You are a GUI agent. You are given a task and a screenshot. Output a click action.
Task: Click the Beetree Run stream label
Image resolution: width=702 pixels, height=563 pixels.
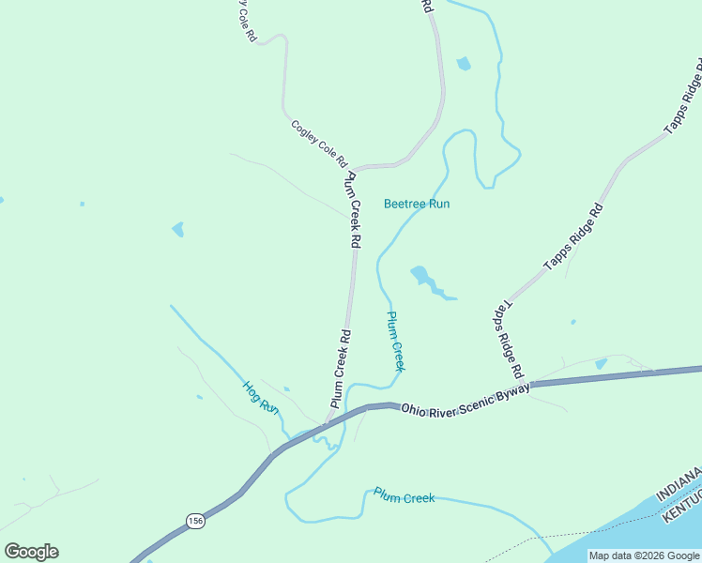(x=417, y=204)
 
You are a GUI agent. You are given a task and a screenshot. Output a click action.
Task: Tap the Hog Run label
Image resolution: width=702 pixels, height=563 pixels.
(x=261, y=396)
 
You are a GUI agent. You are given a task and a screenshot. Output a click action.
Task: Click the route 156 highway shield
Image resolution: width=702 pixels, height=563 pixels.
(x=194, y=521)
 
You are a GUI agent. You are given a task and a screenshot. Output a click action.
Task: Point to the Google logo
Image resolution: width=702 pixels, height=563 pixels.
(x=31, y=552)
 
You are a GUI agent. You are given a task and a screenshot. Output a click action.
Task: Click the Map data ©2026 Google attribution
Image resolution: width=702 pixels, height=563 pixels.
(x=645, y=555)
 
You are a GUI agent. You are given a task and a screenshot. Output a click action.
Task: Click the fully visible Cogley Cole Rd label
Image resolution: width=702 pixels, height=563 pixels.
(x=319, y=143)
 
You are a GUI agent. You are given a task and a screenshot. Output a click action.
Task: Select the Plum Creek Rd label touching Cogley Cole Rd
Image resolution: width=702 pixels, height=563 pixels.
(x=354, y=210)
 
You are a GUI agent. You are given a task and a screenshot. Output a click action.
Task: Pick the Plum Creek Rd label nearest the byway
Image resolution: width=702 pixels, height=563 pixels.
(x=340, y=368)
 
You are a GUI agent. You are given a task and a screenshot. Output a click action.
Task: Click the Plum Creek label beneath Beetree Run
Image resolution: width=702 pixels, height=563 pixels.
(x=395, y=341)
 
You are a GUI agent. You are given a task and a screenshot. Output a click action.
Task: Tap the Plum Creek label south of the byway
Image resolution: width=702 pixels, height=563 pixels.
(x=404, y=495)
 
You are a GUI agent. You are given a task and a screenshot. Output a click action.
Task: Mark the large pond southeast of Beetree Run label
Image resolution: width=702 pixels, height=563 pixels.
(x=421, y=277)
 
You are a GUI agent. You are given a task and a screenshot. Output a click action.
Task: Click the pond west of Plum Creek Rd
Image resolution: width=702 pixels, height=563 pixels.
(x=177, y=229)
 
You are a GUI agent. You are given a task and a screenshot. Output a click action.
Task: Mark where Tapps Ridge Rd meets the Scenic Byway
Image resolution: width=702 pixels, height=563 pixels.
(x=529, y=388)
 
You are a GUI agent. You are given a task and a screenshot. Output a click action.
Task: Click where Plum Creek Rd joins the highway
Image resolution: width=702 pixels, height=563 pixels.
(x=326, y=424)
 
